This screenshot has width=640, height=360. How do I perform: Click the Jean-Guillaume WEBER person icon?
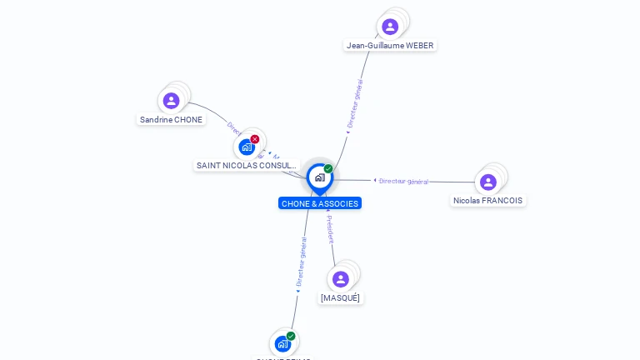[x=390, y=27]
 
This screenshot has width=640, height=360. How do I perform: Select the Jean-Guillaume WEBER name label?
[x=390, y=45]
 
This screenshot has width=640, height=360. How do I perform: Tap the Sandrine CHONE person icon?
[x=172, y=101]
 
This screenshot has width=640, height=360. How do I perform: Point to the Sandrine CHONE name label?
[x=171, y=119]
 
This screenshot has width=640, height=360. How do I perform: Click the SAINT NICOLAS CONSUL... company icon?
[x=246, y=147]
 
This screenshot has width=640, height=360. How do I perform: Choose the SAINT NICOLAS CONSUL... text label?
[x=246, y=165]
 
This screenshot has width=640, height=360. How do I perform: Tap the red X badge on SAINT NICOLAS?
[x=255, y=139]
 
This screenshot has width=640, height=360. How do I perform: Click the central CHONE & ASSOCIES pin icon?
[x=319, y=177]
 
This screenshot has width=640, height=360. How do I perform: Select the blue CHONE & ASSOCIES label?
[x=320, y=203]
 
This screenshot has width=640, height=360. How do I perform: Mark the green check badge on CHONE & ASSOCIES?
[x=328, y=168]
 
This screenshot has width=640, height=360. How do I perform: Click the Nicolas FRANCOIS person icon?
[x=488, y=182]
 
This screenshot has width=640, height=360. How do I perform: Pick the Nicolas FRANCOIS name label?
[x=488, y=200]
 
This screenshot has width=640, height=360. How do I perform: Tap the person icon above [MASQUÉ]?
[x=340, y=279]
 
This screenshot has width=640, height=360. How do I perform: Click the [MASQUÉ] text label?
[x=340, y=297]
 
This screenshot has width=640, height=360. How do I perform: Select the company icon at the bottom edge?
[x=282, y=343]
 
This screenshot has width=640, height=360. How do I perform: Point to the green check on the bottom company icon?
[x=291, y=336]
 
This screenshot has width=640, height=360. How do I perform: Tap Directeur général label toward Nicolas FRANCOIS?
[x=403, y=181]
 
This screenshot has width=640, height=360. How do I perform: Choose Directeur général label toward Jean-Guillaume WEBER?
[x=355, y=103]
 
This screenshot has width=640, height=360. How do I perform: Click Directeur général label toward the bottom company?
[x=302, y=262]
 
